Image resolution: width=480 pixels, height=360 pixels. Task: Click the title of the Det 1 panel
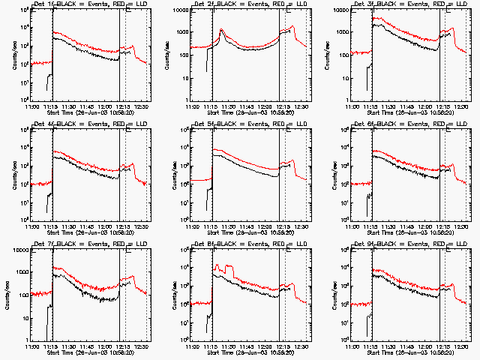84,5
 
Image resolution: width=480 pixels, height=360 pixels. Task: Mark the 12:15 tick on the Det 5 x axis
283,226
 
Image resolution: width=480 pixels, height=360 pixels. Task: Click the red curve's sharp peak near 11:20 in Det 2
222,30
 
